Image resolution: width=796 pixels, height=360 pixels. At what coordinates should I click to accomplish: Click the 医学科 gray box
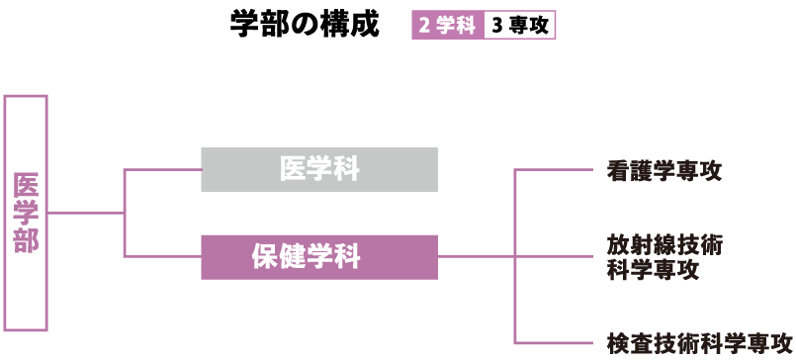point(318,169)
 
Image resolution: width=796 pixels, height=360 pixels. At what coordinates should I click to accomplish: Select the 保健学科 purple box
point(318,257)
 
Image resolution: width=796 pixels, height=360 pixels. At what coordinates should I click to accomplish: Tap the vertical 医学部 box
point(26,213)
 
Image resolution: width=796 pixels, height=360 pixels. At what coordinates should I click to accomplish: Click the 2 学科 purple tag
point(447,25)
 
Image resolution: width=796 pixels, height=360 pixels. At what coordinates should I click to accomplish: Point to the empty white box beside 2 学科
point(519,25)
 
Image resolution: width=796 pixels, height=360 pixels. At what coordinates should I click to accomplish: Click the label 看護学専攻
point(664,170)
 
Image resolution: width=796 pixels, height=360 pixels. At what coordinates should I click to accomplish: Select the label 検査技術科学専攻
point(700,343)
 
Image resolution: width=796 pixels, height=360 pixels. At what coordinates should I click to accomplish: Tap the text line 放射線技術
point(664,244)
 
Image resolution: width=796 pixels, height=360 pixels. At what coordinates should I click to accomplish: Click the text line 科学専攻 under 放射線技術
point(653,270)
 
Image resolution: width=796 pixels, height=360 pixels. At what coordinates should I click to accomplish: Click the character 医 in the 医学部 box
point(26,185)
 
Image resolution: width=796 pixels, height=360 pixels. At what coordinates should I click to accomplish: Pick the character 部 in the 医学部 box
point(26,241)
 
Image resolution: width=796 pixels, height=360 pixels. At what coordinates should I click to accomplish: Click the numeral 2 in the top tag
point(424,26)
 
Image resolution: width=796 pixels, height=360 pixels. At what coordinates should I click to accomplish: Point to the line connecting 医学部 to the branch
point(85,213)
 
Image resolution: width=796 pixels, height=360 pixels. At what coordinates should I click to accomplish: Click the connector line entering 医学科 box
point(163,169)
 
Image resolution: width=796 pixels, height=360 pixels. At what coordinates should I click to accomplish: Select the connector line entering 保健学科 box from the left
point(163,256)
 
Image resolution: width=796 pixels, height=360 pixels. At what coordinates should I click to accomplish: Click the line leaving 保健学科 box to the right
point(475,256)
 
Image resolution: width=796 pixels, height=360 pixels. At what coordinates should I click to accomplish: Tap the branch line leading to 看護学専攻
point(554,169)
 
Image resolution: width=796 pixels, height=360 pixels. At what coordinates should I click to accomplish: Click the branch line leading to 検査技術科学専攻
point(554,342)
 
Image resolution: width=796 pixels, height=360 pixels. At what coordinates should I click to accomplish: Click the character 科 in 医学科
point(346,169)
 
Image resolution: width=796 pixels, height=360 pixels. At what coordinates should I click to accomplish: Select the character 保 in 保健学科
point(264,257)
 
